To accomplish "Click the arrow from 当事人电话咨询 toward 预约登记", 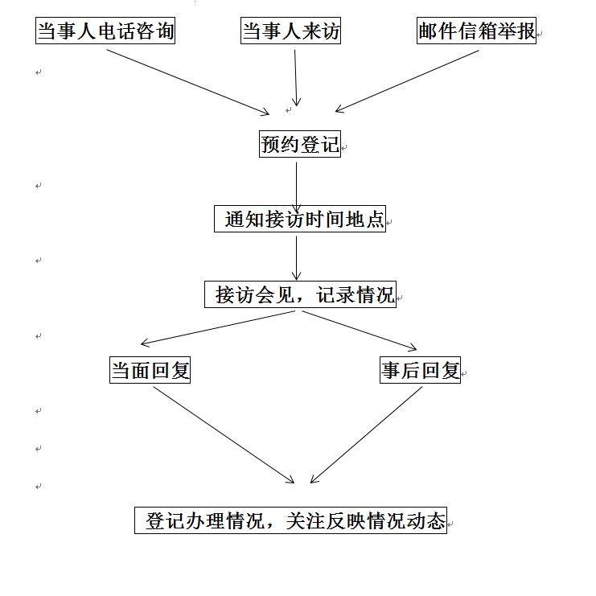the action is (187, 82).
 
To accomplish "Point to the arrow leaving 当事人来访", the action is (296, 78).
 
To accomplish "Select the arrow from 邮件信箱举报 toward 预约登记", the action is (407, 81).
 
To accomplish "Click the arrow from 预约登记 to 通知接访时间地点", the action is (297, 187).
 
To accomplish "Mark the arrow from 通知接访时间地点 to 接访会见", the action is (297, 258).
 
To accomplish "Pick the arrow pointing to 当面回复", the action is (218, 328).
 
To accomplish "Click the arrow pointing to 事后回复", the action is (360, 331).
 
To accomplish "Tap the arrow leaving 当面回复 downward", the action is (224, 435).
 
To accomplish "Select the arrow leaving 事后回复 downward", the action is (367, 435).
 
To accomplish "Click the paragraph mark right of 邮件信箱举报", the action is (540, 35).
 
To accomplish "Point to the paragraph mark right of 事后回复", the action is (464, 374).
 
